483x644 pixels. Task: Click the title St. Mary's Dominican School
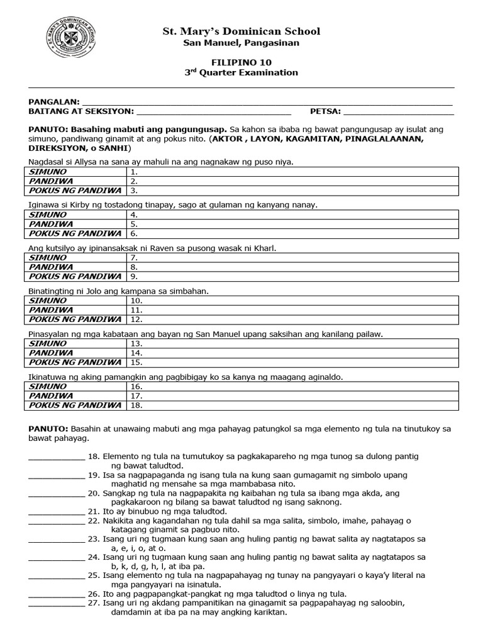pyautogui.click(x=241, y=31)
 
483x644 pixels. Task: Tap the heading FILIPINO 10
pyautogui.click(x=241, y=62)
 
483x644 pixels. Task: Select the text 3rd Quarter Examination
pyautogui.click(x=241, y=72)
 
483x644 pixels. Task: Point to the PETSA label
pyautogui.click(x=325, y=111)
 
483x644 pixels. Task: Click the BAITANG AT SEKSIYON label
pyautogui.click(x=81, y=111)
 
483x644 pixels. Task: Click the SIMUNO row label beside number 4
pyautogui.click(x=48, y=214)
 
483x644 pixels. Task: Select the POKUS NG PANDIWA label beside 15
pyautogui.click(x=75, y=362)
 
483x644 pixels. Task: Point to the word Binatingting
pyautogui.click(x=54, y=291)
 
